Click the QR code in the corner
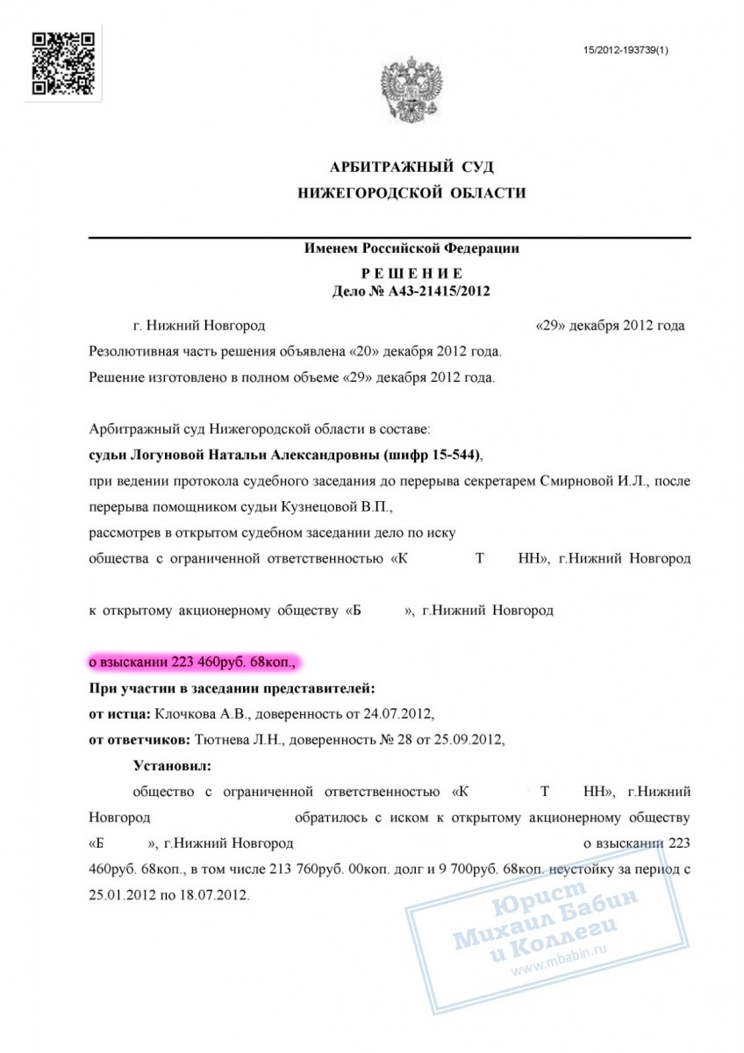62,62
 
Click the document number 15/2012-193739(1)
626,50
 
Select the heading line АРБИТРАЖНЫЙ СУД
411,167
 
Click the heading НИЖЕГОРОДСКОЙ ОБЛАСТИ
411,193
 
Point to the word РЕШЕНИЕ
411,274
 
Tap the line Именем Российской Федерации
411,248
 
